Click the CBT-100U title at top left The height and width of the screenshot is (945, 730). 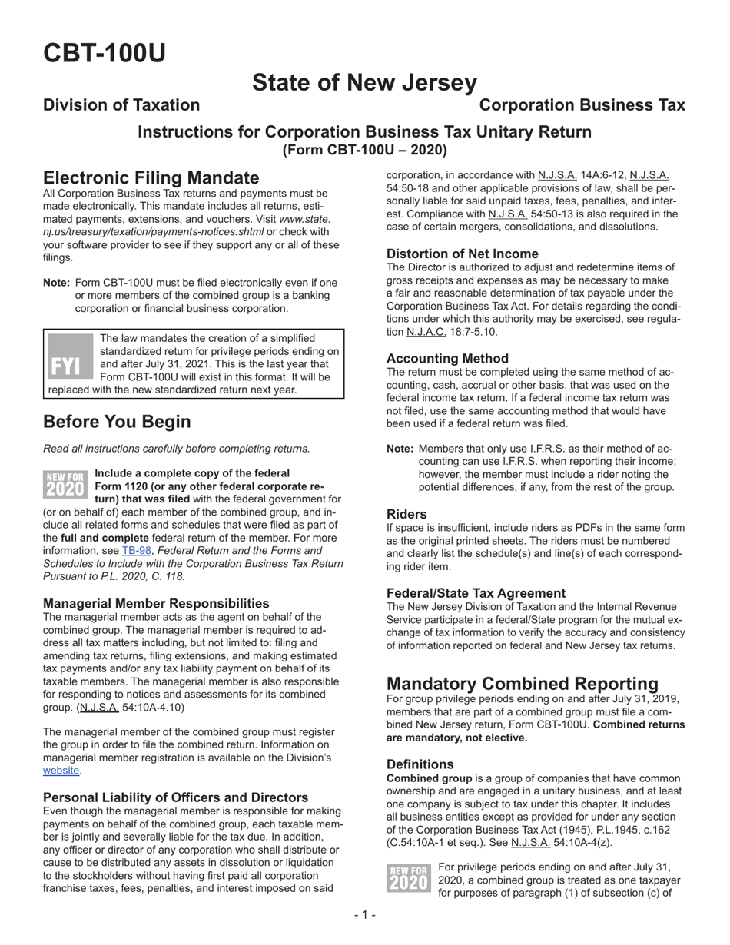(104, 53)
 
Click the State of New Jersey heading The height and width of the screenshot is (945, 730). (364, 82)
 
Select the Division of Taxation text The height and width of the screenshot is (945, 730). (121, 105)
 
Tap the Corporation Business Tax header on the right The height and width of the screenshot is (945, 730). (582, 105)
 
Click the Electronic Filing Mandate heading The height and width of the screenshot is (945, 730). (151, 178)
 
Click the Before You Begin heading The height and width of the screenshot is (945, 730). (117, 422)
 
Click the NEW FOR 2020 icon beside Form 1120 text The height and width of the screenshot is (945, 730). (66, 485)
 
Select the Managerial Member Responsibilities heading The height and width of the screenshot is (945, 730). (156, 603)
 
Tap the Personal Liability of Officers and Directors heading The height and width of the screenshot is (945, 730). (175, 797)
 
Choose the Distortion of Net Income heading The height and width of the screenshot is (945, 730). (462, 254)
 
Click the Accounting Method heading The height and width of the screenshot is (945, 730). (447, 358)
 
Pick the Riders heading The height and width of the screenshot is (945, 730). (406, 514)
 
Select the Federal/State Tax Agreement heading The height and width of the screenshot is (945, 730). (476, 592)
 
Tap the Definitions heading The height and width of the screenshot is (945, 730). (420, 764)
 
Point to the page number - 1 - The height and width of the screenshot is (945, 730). (364, 914)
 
